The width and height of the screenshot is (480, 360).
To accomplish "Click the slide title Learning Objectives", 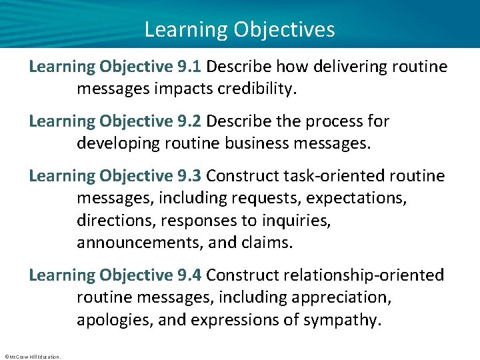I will point(239,29).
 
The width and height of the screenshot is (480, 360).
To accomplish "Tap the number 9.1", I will point(189,67).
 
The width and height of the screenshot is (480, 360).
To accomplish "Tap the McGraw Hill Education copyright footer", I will point(32,356).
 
